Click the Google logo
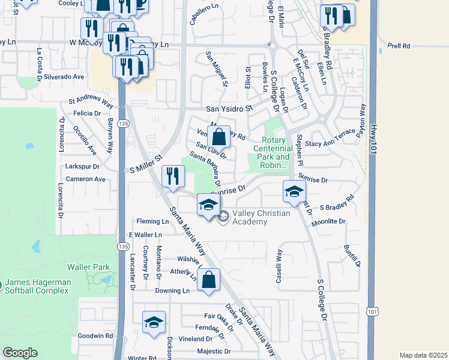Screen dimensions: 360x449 (x=20, y=353)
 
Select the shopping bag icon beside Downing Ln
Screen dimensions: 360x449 (x=208, y=280)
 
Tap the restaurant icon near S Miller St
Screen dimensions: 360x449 (x=173, y=177)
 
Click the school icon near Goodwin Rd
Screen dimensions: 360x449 (x=154, y=323)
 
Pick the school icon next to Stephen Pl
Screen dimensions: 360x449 (x=294, y=192)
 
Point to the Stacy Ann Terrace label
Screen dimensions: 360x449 (x=330, y=144)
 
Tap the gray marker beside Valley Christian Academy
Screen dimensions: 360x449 (x=223, y=217)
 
